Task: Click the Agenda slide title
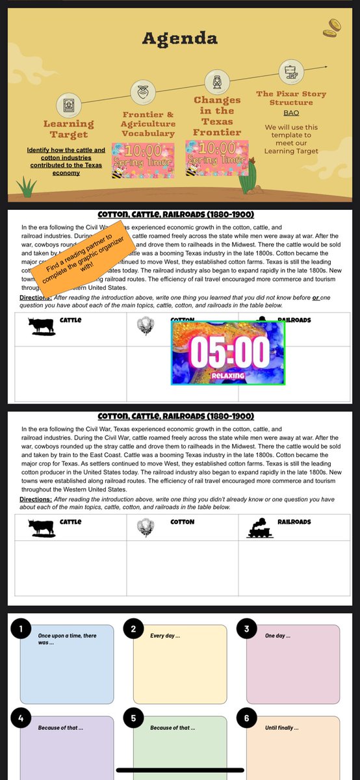tap(180, 38)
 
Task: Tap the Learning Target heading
tap(68, 129)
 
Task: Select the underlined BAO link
tap(291, 112)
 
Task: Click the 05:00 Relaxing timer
tap(228, 354)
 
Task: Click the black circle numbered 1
tap(21, 629)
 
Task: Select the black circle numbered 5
tap(133, 718)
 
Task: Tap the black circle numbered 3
tap(246, 629)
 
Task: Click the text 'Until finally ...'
tap(281, 727)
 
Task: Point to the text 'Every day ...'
tap(165, 635)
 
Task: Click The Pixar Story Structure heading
tap(291, 98)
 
